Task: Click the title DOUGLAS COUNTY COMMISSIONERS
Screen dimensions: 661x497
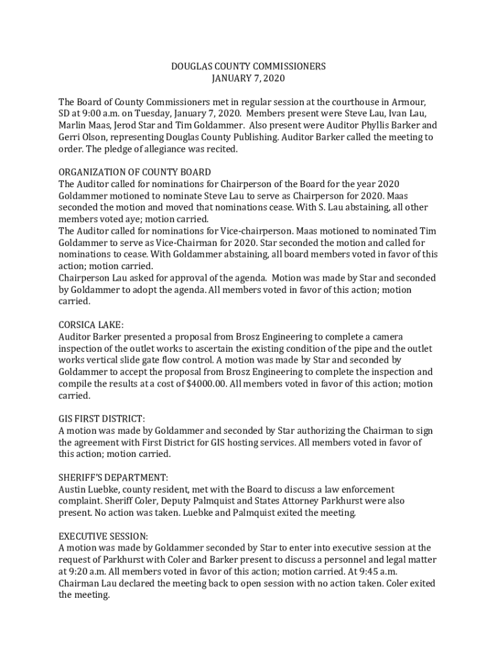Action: (x=248, y=66)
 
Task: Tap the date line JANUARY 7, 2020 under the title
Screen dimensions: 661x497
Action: (x=248, y=79)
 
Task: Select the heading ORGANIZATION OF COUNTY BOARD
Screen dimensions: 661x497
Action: (x=134, y=172)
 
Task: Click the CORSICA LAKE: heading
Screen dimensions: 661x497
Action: (x=91, y=325)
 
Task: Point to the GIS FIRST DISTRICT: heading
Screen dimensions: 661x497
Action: (x=101, y=419)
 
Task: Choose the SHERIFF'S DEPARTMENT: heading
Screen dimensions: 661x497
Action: (x=113, y=478)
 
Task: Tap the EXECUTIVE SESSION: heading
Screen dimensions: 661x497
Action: (x=103, y=536)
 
